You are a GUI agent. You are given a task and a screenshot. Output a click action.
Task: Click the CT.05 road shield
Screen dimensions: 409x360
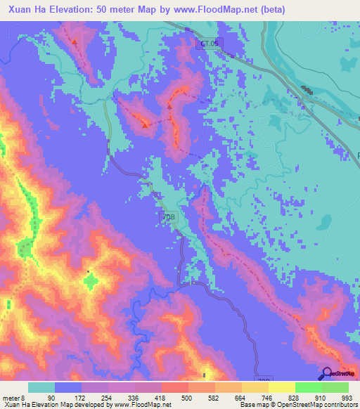pos(209,43)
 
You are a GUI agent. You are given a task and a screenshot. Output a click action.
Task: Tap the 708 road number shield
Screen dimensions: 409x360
pos(166,219)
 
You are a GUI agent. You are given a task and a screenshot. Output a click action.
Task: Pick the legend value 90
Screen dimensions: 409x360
pos(51,397)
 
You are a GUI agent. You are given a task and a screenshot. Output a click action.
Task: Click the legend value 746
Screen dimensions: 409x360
pos(266,397)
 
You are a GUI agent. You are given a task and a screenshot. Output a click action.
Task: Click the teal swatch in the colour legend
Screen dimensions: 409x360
pos(41,387)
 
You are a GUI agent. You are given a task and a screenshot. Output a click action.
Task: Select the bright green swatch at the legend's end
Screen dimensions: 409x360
pos(335,387)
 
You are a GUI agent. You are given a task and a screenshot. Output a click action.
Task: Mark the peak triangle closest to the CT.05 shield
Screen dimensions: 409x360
pos(169,107)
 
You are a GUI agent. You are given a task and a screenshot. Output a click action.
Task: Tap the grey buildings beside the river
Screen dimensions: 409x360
pos(307,91)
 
